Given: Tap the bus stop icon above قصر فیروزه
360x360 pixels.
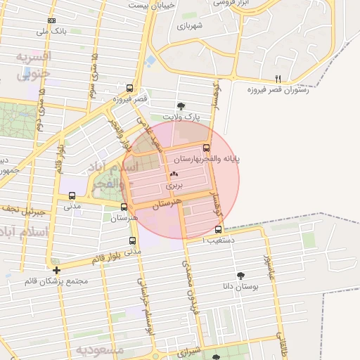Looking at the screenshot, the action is (129, 88).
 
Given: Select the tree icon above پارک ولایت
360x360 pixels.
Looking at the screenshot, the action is (181, 106).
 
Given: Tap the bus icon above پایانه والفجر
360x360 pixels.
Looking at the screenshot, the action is (206, 148).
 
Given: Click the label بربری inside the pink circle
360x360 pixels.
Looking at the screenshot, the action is (174, 187).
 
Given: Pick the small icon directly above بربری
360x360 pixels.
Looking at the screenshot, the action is (174, 174).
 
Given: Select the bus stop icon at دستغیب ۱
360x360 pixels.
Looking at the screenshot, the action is (218, 229).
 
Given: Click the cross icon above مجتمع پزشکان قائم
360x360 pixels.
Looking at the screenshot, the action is (56, 269).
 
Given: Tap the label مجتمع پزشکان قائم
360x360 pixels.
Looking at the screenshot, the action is (56, 281).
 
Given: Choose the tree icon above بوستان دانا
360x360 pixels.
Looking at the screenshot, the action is (241, 275).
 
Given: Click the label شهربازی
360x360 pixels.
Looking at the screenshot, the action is (190, 26).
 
